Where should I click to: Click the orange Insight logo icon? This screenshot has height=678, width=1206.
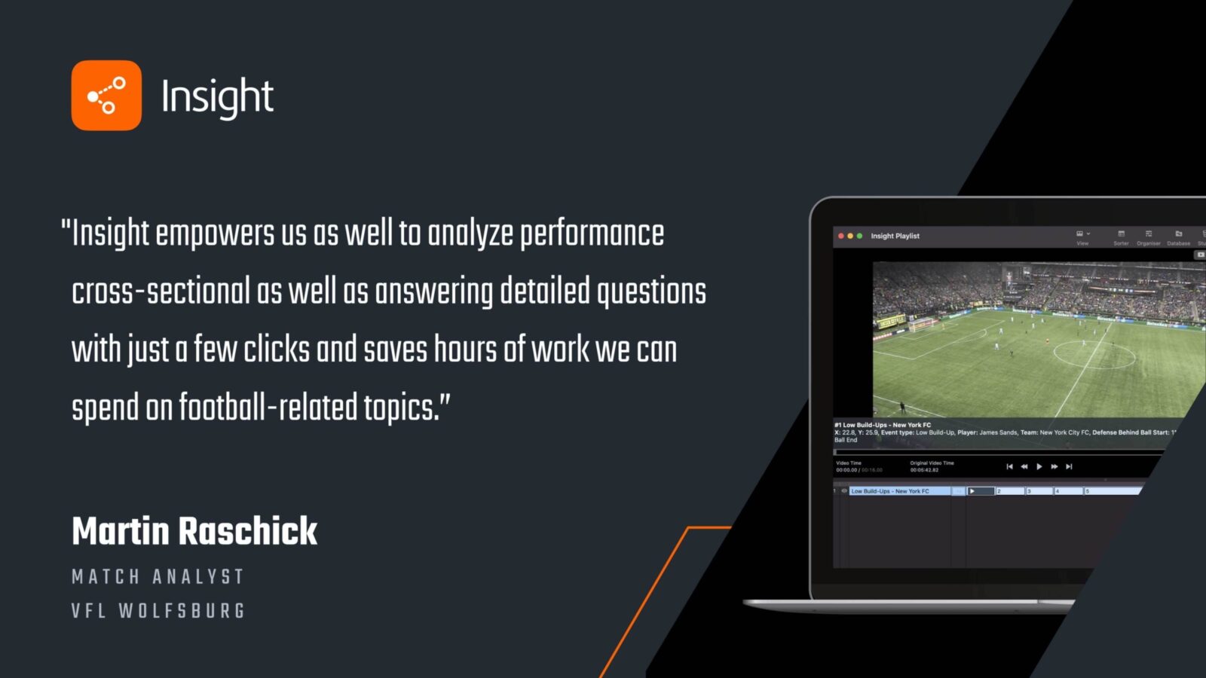click(x=106, y=96)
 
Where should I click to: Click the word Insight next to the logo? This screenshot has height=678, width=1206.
click(x=217, y=97)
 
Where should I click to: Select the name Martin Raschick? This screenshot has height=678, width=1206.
click(x=194, y=531)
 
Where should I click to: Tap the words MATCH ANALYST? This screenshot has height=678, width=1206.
click(x=158, y=577)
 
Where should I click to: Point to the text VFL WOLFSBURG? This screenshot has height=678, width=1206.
click(x=158, y=611)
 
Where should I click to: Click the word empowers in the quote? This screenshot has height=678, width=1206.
click(x=215, y=234)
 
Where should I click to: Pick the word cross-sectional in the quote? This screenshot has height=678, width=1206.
click(x=161, y=292)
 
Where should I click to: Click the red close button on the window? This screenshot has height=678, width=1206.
click(x=841, y=237)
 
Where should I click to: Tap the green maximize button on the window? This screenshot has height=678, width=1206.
click(x=859, y=237)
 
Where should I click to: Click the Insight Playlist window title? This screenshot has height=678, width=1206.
click(x=895, y=237)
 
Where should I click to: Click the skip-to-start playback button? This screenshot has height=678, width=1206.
click(x=1009, y=467)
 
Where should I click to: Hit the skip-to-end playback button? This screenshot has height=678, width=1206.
click(x=1069, y=467)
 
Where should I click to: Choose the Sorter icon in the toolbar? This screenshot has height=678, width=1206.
click(x=1121, y=237)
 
